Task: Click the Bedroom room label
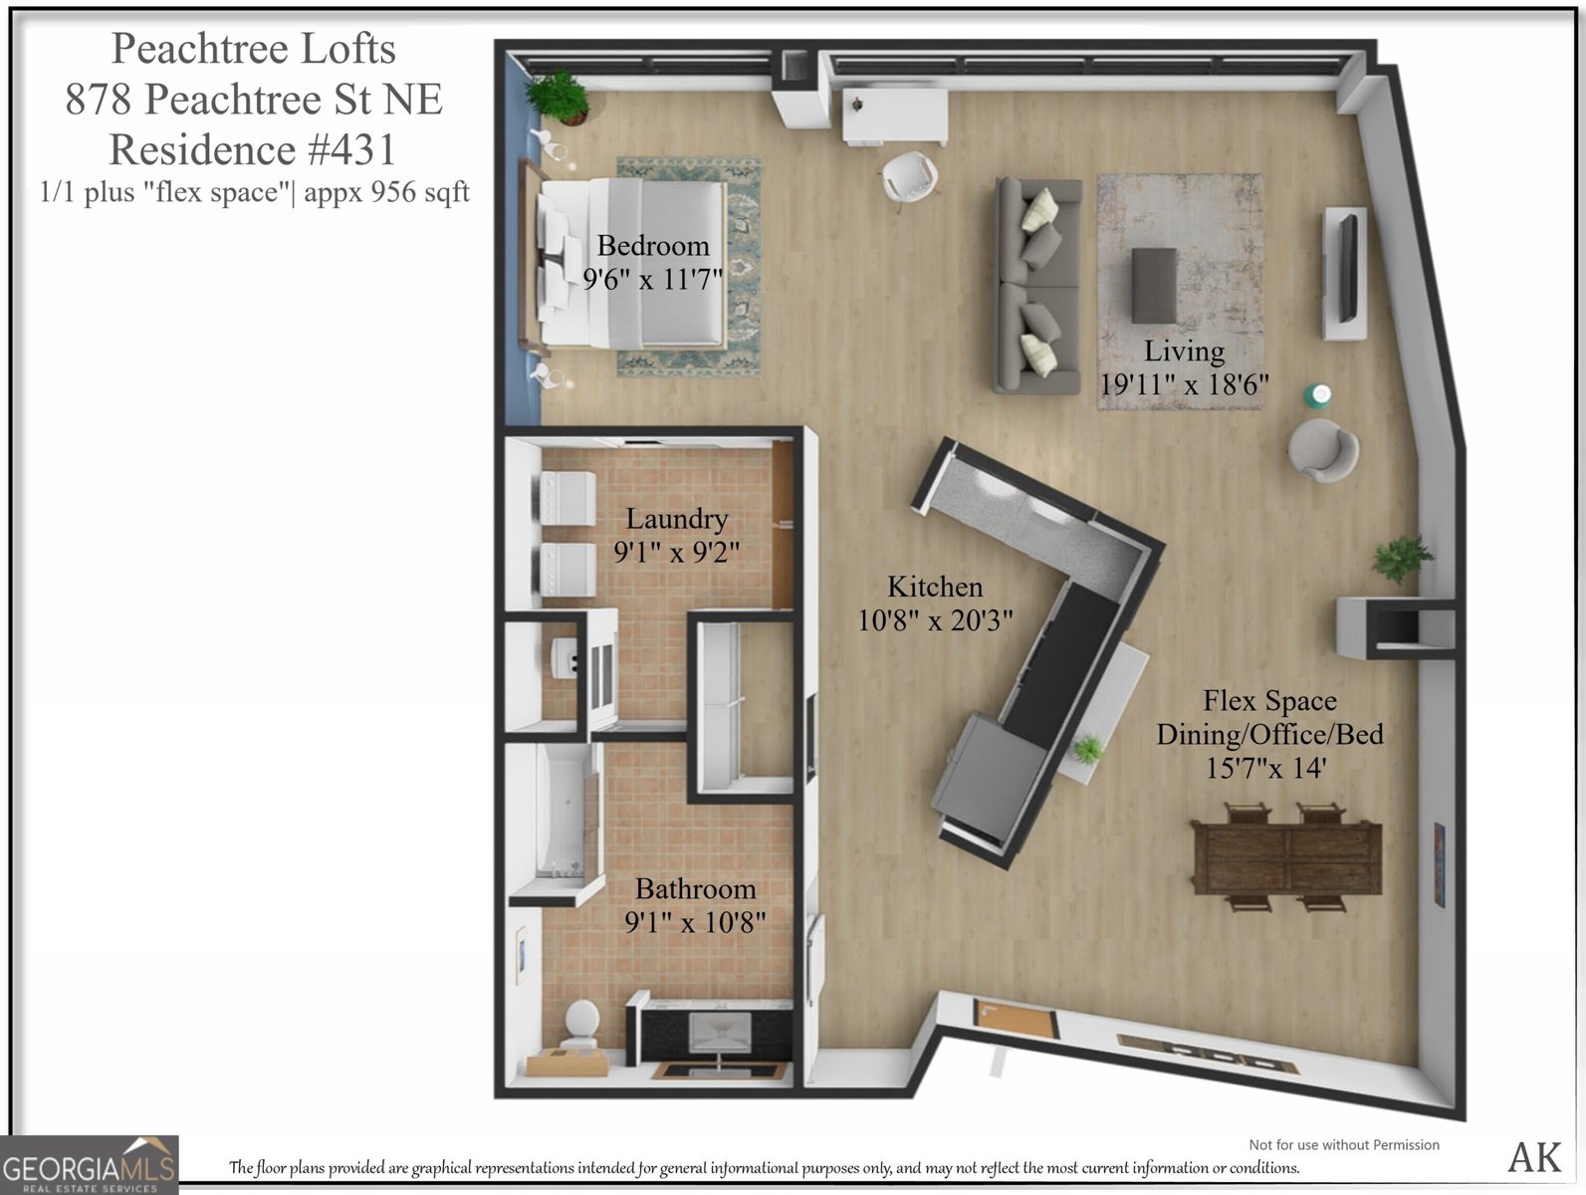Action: [x=653, y=246]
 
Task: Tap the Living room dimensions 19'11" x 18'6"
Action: [x=1184, y=384]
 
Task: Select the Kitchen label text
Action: [x=935, y=587]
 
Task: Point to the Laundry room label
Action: [x=676, y=518]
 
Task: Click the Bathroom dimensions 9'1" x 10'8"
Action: [x=695, y=922]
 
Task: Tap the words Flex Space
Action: [x=1269, y=701]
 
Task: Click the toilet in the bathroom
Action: [x=579, y=1024]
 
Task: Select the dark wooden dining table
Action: [x=1286, y=856]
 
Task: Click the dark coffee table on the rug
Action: [x=1154, y=285]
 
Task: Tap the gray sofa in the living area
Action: [x=1037, y=286]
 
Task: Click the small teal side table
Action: [x=1318, y=395]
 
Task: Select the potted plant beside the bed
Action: [x=560, y=97]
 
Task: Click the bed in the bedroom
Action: [x=632, y=263]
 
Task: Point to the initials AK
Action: [x=1534, y=1156]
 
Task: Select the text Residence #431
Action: [x=253, y=150]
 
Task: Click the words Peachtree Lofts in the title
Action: [x=253, y=49]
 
